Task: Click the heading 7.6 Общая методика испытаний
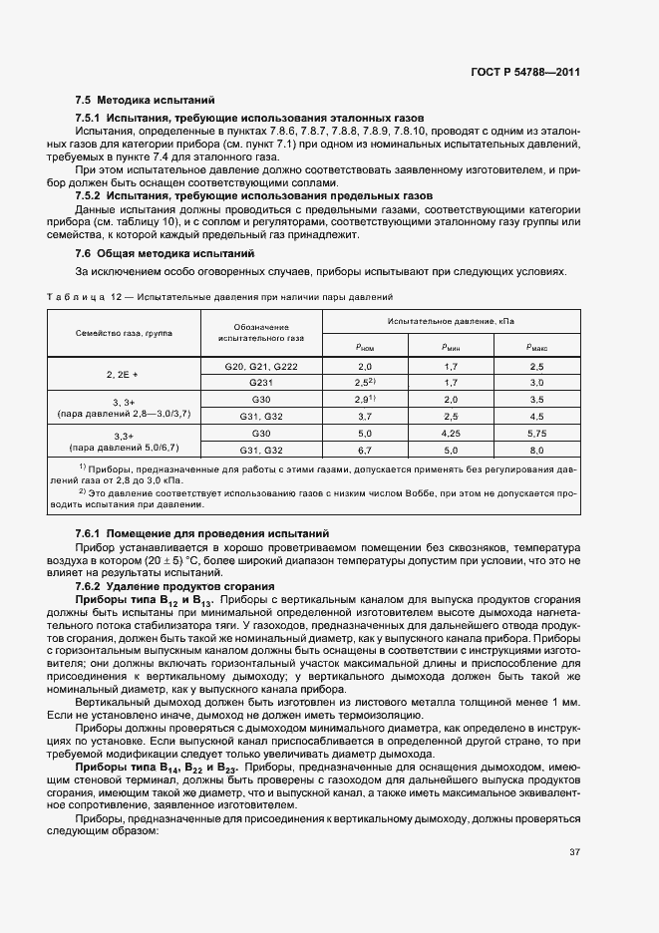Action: (x=165, y=254)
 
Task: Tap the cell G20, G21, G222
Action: (x=262, y=368)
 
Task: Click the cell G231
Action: (x=262, y=382)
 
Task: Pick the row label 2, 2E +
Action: (x=123, y=375)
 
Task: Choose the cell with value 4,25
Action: (x=450, y=435)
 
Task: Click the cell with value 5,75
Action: (x=536, y=435)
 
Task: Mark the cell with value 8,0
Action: (x=536, y=450)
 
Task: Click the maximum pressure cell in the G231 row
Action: (x=536, y=382)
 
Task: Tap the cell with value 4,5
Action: (x=536, y=416)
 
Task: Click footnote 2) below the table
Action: (x=83, y=492)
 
